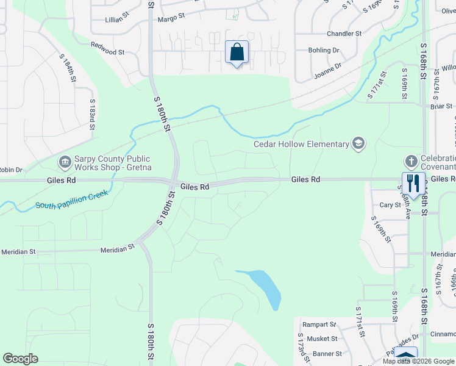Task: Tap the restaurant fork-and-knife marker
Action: (413, 182)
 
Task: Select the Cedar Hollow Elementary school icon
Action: (358, 144)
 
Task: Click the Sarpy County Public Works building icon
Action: (65, 162)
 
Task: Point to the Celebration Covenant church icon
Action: (411, 162)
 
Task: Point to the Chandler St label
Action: (344, 34)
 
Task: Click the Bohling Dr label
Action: (323, 50)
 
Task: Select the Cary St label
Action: (390, 206)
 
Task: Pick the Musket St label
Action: (323, 339)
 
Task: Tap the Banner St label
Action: (327, 354)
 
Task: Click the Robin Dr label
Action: (10, 170)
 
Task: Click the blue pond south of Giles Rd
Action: (268, 288)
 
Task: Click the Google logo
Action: (20, 359)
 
